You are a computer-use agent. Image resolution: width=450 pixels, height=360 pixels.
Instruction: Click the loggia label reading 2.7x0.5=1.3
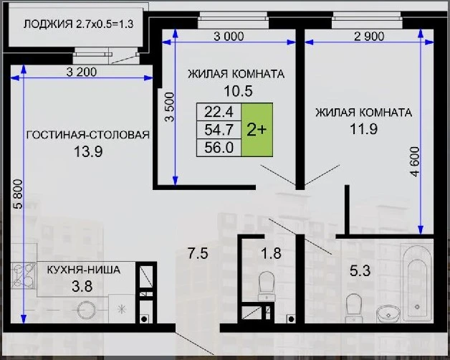click(x=105, y=24)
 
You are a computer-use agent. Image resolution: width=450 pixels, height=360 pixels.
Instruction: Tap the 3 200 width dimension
click(x=82, y=72)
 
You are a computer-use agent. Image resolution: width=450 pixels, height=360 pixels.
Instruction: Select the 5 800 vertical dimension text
click(x=18, y=194)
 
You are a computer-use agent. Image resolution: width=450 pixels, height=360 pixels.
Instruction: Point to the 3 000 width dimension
click(x=229, y=37)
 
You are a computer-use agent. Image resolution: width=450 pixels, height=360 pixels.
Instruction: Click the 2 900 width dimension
click(x=369, y=37)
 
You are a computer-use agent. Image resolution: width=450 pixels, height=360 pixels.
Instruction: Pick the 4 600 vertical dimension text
click(x=415, y=161)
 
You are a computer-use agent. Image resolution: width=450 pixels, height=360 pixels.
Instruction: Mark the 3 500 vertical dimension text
click(x=170, y=107)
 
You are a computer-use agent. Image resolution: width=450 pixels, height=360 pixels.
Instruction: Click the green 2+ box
click(x=257, y=130)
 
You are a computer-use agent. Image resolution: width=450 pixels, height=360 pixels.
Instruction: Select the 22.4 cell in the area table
click(x=219, y=112)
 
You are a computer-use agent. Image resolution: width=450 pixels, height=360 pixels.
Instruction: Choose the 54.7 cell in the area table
click(x=219, y=130)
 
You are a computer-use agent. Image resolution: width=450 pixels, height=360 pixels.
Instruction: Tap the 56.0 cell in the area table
click(x=219, y=148)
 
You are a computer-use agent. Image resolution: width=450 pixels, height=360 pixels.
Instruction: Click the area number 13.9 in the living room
click(x=88, y=151)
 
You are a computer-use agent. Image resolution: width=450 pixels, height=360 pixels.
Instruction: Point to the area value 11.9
click(x=363, y=128)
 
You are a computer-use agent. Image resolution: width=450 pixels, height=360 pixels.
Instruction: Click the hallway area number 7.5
click(x=198, y=254)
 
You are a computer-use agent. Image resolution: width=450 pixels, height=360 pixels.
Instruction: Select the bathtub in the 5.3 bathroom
click(x=417, y=283)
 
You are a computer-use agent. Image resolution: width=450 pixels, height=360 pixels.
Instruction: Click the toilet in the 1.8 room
click(x=267, y=286)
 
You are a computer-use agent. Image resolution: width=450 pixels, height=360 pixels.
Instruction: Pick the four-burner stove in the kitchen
click(x=23, y=276)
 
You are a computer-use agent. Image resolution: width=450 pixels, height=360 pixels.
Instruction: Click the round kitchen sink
click(x=87, y=310)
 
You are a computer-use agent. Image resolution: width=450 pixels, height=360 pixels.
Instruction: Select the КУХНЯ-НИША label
click(x=84, y=270)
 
